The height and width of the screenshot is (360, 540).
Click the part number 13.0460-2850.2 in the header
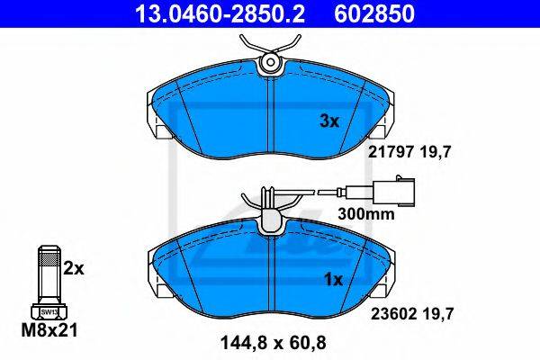coord(220,13)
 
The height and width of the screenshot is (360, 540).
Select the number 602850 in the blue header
coord(374,13)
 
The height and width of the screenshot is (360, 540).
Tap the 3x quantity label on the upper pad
coord(329,121)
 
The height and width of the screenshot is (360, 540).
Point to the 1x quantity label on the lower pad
coord(333,280)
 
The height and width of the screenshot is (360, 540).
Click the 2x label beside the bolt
coord(74,269)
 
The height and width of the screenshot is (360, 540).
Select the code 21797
coord(391,152)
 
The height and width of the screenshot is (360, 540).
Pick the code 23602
coord(394,314)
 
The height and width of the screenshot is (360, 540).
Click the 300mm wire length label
coord(366,214)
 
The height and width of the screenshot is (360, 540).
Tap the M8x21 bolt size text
coord(49,330)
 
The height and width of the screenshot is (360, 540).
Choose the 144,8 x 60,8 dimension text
coord(273,343)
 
